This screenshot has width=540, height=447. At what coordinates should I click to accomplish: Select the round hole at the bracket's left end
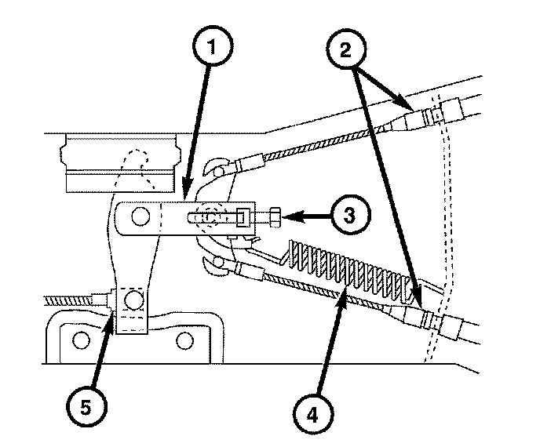pos(139,215)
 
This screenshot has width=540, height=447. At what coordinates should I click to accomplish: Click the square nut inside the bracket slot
pos(241,216)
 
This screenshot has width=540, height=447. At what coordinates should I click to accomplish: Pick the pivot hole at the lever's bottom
pos(133,300)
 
